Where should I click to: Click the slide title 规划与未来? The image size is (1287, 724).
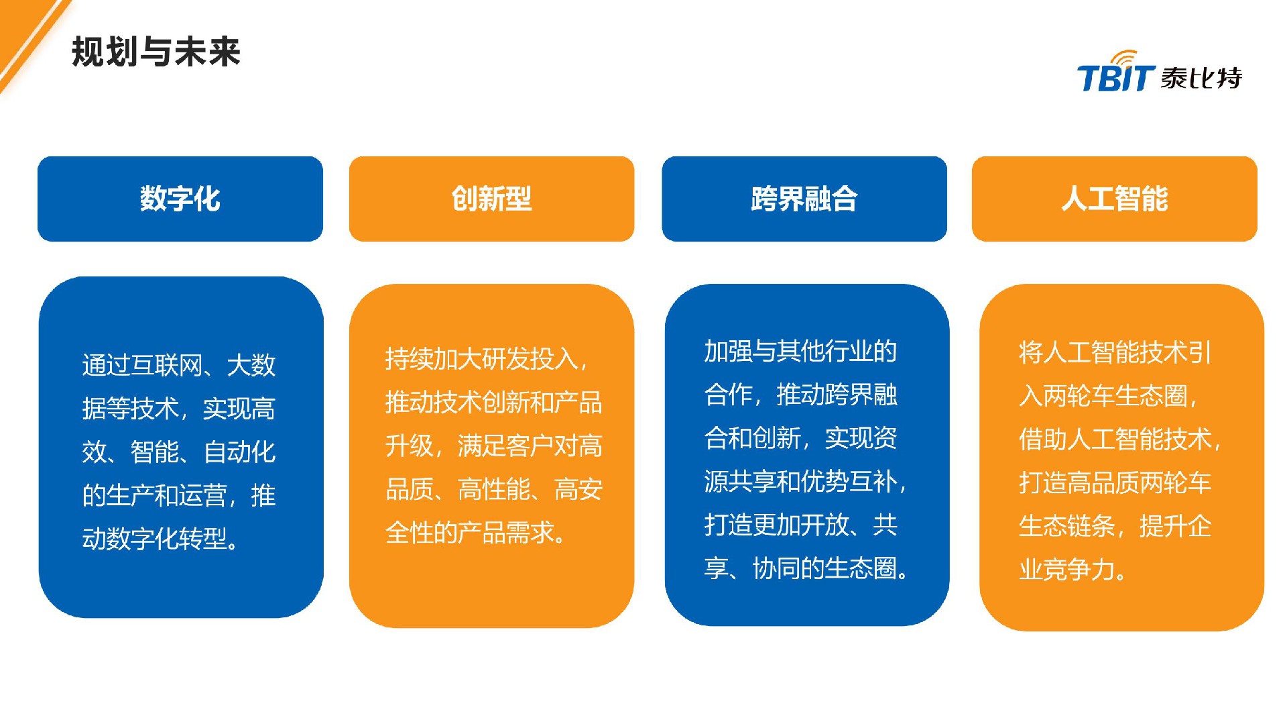pyautogui.click(x=156, y=52)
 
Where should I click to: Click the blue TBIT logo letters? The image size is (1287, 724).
pyautogui.click(x=1115, y=78)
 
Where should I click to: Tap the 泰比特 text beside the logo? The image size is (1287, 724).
pyautogui.click(x=1201, y=78)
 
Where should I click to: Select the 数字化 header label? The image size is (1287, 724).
pyautogui.click(x=180, y=199)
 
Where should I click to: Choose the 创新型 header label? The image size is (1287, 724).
pyautogui.click(x=491, y=199)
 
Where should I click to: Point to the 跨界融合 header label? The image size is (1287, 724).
pyautogui.click(x=804, y=199)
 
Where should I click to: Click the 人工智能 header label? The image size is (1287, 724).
pyautogui.click(x=1114, y=199)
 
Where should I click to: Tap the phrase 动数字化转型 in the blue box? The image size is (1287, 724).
pyautogui.click(x=154, y=539)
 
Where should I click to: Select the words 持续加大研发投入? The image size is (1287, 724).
pyautogui.click(x=481, y=359)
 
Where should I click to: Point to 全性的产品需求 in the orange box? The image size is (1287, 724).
pyautogui.click(x=469, y=533)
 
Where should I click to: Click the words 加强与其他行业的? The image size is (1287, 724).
pyautogui.click(x=800, y=351)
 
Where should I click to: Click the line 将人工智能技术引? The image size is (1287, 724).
pyautogui.click(x=1114, y=352)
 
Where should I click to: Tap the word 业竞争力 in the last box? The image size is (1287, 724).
pyautogui.click(x=1066, y=570)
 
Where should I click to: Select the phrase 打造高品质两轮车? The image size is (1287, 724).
pyautogui.click(x=1114, y=482)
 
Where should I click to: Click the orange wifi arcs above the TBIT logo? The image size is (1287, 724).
pyautogui.click(x=1126, y=57)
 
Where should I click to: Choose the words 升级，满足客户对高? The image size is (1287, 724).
pyautogui.click(x=493, y=446)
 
